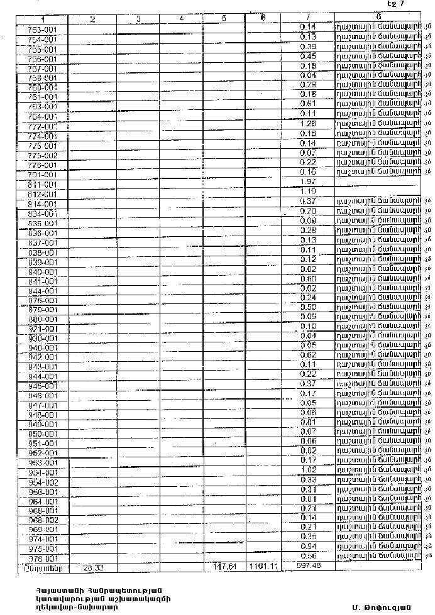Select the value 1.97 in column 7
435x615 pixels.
(307, 182)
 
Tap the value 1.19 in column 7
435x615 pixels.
(307, 191)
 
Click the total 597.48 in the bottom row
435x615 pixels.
(307, 566)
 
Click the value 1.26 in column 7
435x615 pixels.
(307, 124)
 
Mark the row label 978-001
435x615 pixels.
(43, 558)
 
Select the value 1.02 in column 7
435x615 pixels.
(307, 470)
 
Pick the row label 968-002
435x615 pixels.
(43, 520)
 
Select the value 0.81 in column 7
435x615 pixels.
(307, 422)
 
